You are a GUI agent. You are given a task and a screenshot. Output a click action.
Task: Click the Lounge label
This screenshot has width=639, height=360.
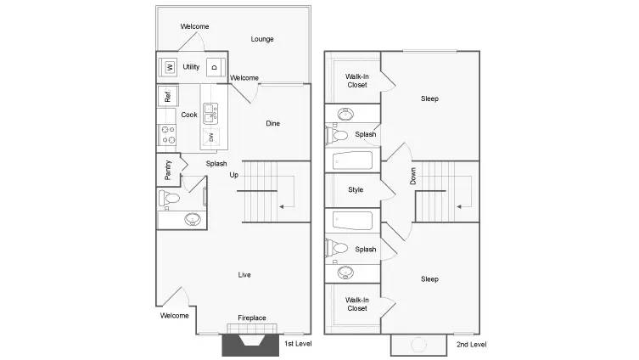[262, 39]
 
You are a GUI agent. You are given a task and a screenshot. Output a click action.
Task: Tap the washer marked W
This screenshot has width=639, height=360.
[170, 67]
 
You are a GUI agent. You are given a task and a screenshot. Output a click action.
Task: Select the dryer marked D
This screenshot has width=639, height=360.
[215, 67]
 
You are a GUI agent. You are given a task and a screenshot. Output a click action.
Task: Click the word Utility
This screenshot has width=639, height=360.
[191, 66]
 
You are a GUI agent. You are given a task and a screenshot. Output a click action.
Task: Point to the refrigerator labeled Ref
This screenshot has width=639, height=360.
[167, 96]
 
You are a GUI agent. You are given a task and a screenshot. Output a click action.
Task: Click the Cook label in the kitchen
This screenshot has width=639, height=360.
[189, 115]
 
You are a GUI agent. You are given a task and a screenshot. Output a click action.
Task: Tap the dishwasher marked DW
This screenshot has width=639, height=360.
[211, 137]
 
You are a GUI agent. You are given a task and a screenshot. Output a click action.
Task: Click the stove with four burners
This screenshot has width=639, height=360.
[167, 134]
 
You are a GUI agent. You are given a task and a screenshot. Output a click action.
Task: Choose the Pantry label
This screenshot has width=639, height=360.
[168, 170]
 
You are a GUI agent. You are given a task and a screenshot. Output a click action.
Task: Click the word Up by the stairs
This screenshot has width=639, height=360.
[233, 175]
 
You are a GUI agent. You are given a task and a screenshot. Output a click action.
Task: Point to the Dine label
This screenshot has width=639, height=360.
[272, 123]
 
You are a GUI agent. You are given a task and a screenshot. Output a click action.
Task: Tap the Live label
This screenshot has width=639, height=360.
[244, 274]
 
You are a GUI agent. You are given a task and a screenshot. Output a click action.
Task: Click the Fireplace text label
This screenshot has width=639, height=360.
[251, 318]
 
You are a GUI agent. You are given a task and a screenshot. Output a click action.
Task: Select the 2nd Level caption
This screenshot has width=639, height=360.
[472, 344]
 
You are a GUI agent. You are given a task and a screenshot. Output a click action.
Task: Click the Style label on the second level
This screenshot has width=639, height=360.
[356, 189]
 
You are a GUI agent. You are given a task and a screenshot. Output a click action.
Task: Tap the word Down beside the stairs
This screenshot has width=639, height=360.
[413, 176]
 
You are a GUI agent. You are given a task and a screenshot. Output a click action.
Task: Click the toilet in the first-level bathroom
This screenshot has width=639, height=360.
[170, 198]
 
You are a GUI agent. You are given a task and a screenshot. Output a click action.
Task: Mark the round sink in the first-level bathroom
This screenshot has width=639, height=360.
[193, 219]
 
